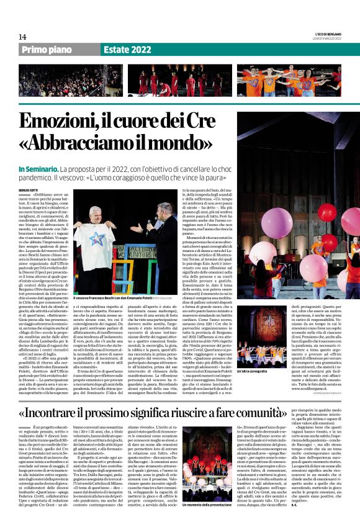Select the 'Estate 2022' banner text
click(127, 50)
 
